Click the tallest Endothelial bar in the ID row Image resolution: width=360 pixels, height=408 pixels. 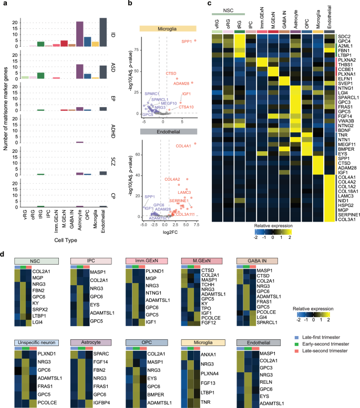pos(103,33)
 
